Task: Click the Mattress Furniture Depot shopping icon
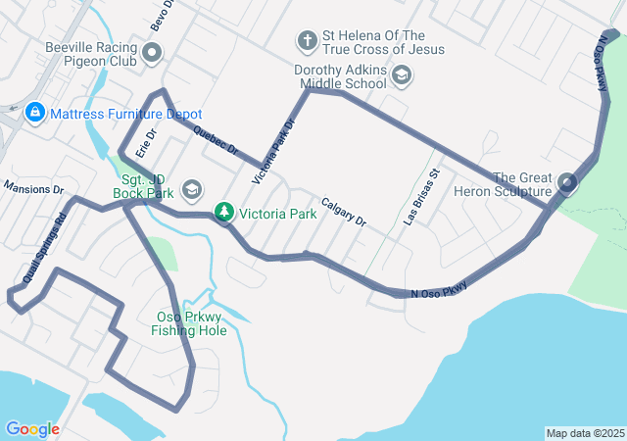(x=35, y=114)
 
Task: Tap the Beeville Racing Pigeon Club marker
(x=152, y=53)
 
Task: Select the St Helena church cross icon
(x=307, y=41)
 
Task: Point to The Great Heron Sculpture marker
(x=567, y=183)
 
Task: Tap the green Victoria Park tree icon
(x=224, y=212)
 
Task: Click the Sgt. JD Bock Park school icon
(x=193, y=187)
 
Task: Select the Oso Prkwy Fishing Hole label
(x=189, y=323)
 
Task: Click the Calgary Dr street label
(x=343, y=208)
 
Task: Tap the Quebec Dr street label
(x=217, y=141)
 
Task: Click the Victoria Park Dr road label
(x=273, y=153)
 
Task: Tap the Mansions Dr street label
(x=33, y=187)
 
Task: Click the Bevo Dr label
(x=162, y=14)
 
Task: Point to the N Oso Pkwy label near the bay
(x=439, y=288)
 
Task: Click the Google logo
(x=31, y=428)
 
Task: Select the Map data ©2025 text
(x=584, y=433)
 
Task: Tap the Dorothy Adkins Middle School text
(x=340, y=76)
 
